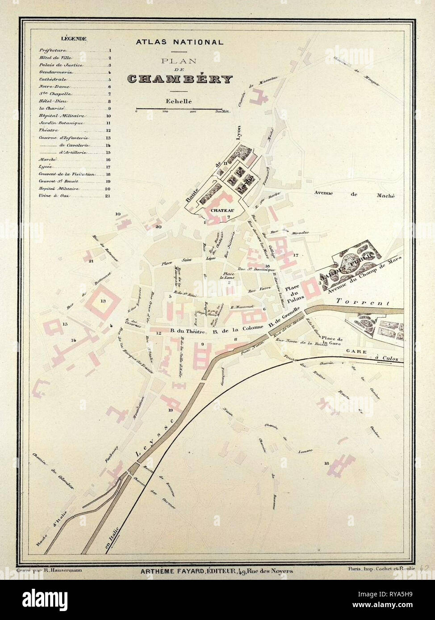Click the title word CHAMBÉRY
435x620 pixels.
(180, 79)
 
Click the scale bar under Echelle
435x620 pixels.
(179, 108)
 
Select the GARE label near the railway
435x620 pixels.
(356, 351)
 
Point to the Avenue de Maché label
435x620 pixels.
(355, 194)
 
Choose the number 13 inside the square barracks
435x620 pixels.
(103, 301)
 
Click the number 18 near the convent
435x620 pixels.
(327, 463)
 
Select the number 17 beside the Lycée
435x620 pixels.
(296, 255)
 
